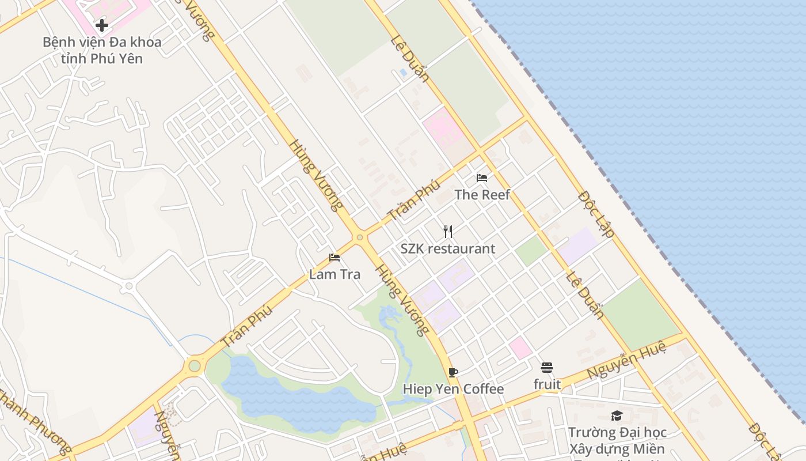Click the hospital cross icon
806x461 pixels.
coord(102,25)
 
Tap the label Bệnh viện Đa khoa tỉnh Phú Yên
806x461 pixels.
coord(102,50)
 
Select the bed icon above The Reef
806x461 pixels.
coord(482,177)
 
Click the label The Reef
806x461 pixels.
coord(482,195)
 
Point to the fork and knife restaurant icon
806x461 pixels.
coord(448,232)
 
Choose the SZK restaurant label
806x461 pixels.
coord(448,249)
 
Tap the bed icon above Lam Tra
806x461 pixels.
coord(334,257)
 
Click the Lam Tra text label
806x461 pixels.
coord(334,274)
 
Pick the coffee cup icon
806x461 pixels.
coord(453,372)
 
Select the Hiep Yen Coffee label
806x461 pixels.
coord(453,390)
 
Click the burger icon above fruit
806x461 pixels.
coord(547,367)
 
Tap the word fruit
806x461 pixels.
coord(547,384)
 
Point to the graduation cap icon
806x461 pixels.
coord(617,415)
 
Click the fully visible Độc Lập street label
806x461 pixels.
coord(596,214)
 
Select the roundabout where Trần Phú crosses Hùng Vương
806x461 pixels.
coord(360,237)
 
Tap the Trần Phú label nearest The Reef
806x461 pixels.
coord(414,201)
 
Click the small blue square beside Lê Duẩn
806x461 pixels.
coord(402,72)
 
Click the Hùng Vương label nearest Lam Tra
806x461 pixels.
coord(402,300)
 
